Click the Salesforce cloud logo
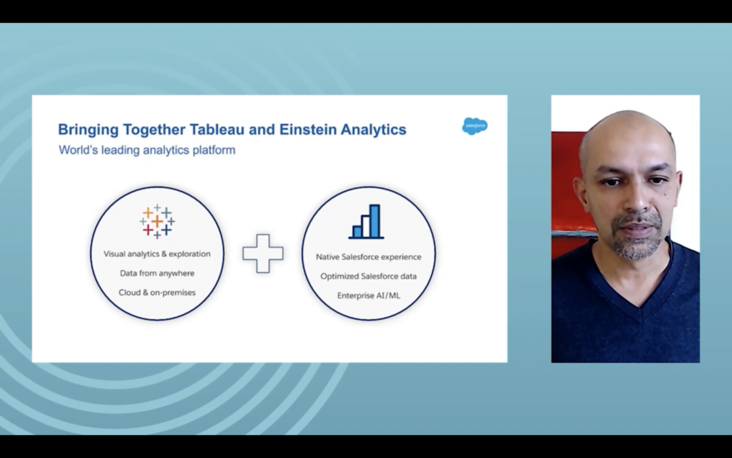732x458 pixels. coord(475,126)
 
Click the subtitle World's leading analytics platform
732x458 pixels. coord(147,150)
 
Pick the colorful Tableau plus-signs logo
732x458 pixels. coord(157,222)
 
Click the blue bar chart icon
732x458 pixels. coord(367,222)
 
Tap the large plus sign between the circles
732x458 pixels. coord(263,253)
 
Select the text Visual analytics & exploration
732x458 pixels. coord(157,254)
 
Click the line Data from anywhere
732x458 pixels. coord(157,273)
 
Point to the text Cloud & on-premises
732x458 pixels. coord(157,292)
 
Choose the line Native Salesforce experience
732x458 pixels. coord(368,257)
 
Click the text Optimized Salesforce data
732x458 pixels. coord(368,276)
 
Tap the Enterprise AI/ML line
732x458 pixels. coord(368,296)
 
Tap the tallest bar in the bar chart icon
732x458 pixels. coord(375,221)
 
